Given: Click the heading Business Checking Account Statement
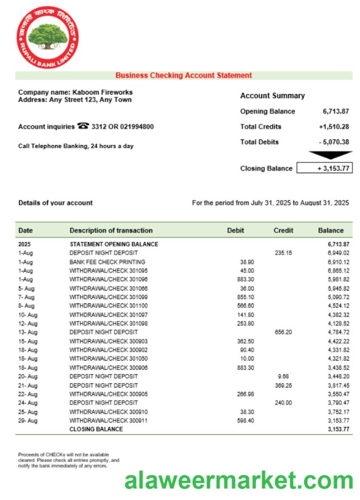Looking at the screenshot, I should (184, 76).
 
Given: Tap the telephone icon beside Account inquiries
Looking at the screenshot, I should (83, 127).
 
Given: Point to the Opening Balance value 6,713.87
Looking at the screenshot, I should (335, 111).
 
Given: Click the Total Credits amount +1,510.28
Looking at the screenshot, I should (334, 127).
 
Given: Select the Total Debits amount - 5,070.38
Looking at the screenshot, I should (334, 142).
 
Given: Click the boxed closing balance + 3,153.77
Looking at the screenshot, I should (324, 168).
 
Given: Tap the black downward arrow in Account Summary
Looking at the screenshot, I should (330, 155).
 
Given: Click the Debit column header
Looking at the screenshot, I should (236, 230).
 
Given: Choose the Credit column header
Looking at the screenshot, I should (283, 230).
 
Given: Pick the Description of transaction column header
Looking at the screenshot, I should (111, 230).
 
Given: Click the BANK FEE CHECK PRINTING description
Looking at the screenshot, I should (107, 262).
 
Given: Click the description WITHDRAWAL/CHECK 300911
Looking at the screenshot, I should (109, 420).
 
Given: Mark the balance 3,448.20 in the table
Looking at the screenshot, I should (338, 376).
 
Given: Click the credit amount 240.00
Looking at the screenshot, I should (283, 403).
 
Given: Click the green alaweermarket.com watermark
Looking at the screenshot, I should (239, 481).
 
